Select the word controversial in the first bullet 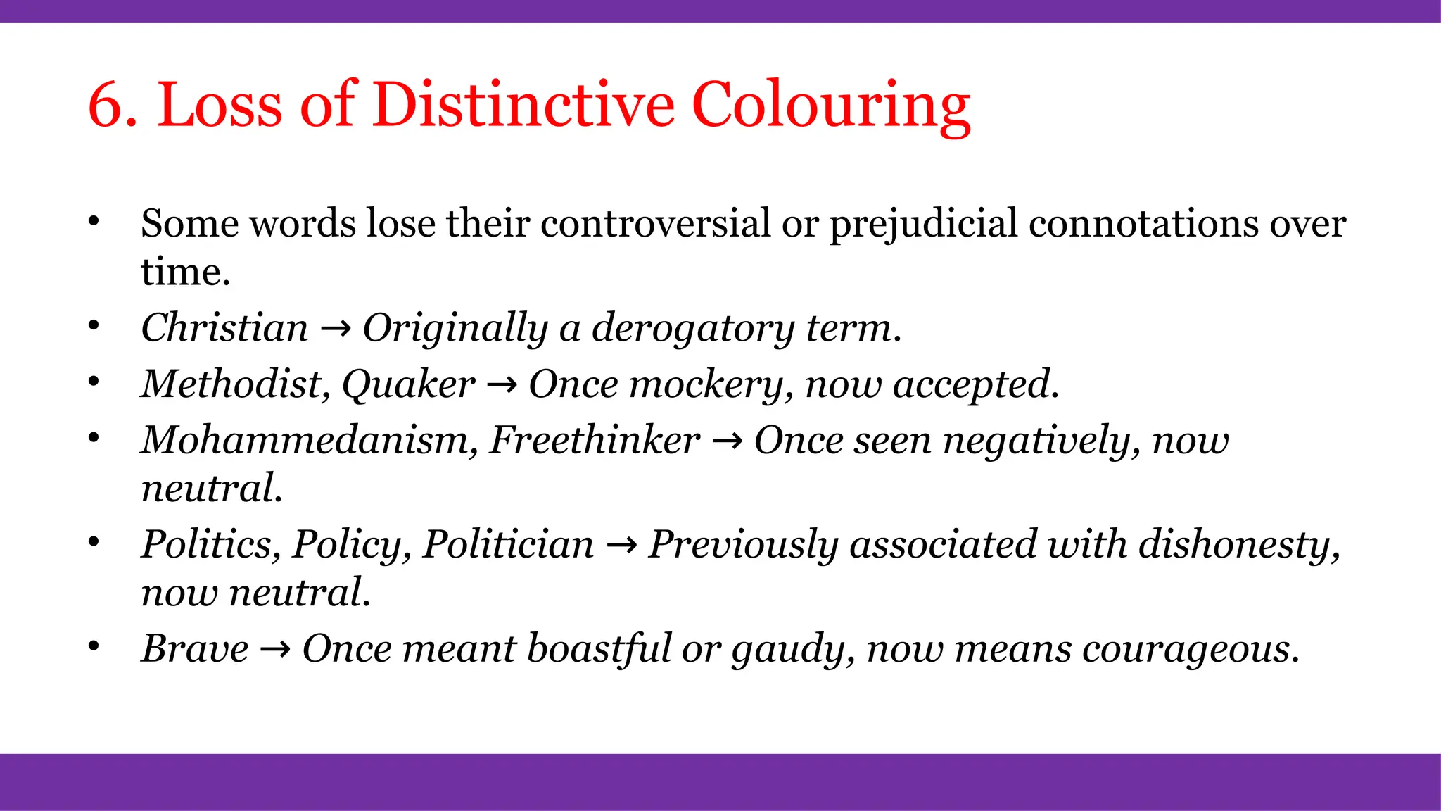tap(655, 224)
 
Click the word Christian tap(224, 328)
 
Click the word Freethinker tap(595, 440)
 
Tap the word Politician tap(508, 544)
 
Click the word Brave tap(195, 648)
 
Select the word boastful tap(599, 648)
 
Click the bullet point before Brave tap(94, 646)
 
